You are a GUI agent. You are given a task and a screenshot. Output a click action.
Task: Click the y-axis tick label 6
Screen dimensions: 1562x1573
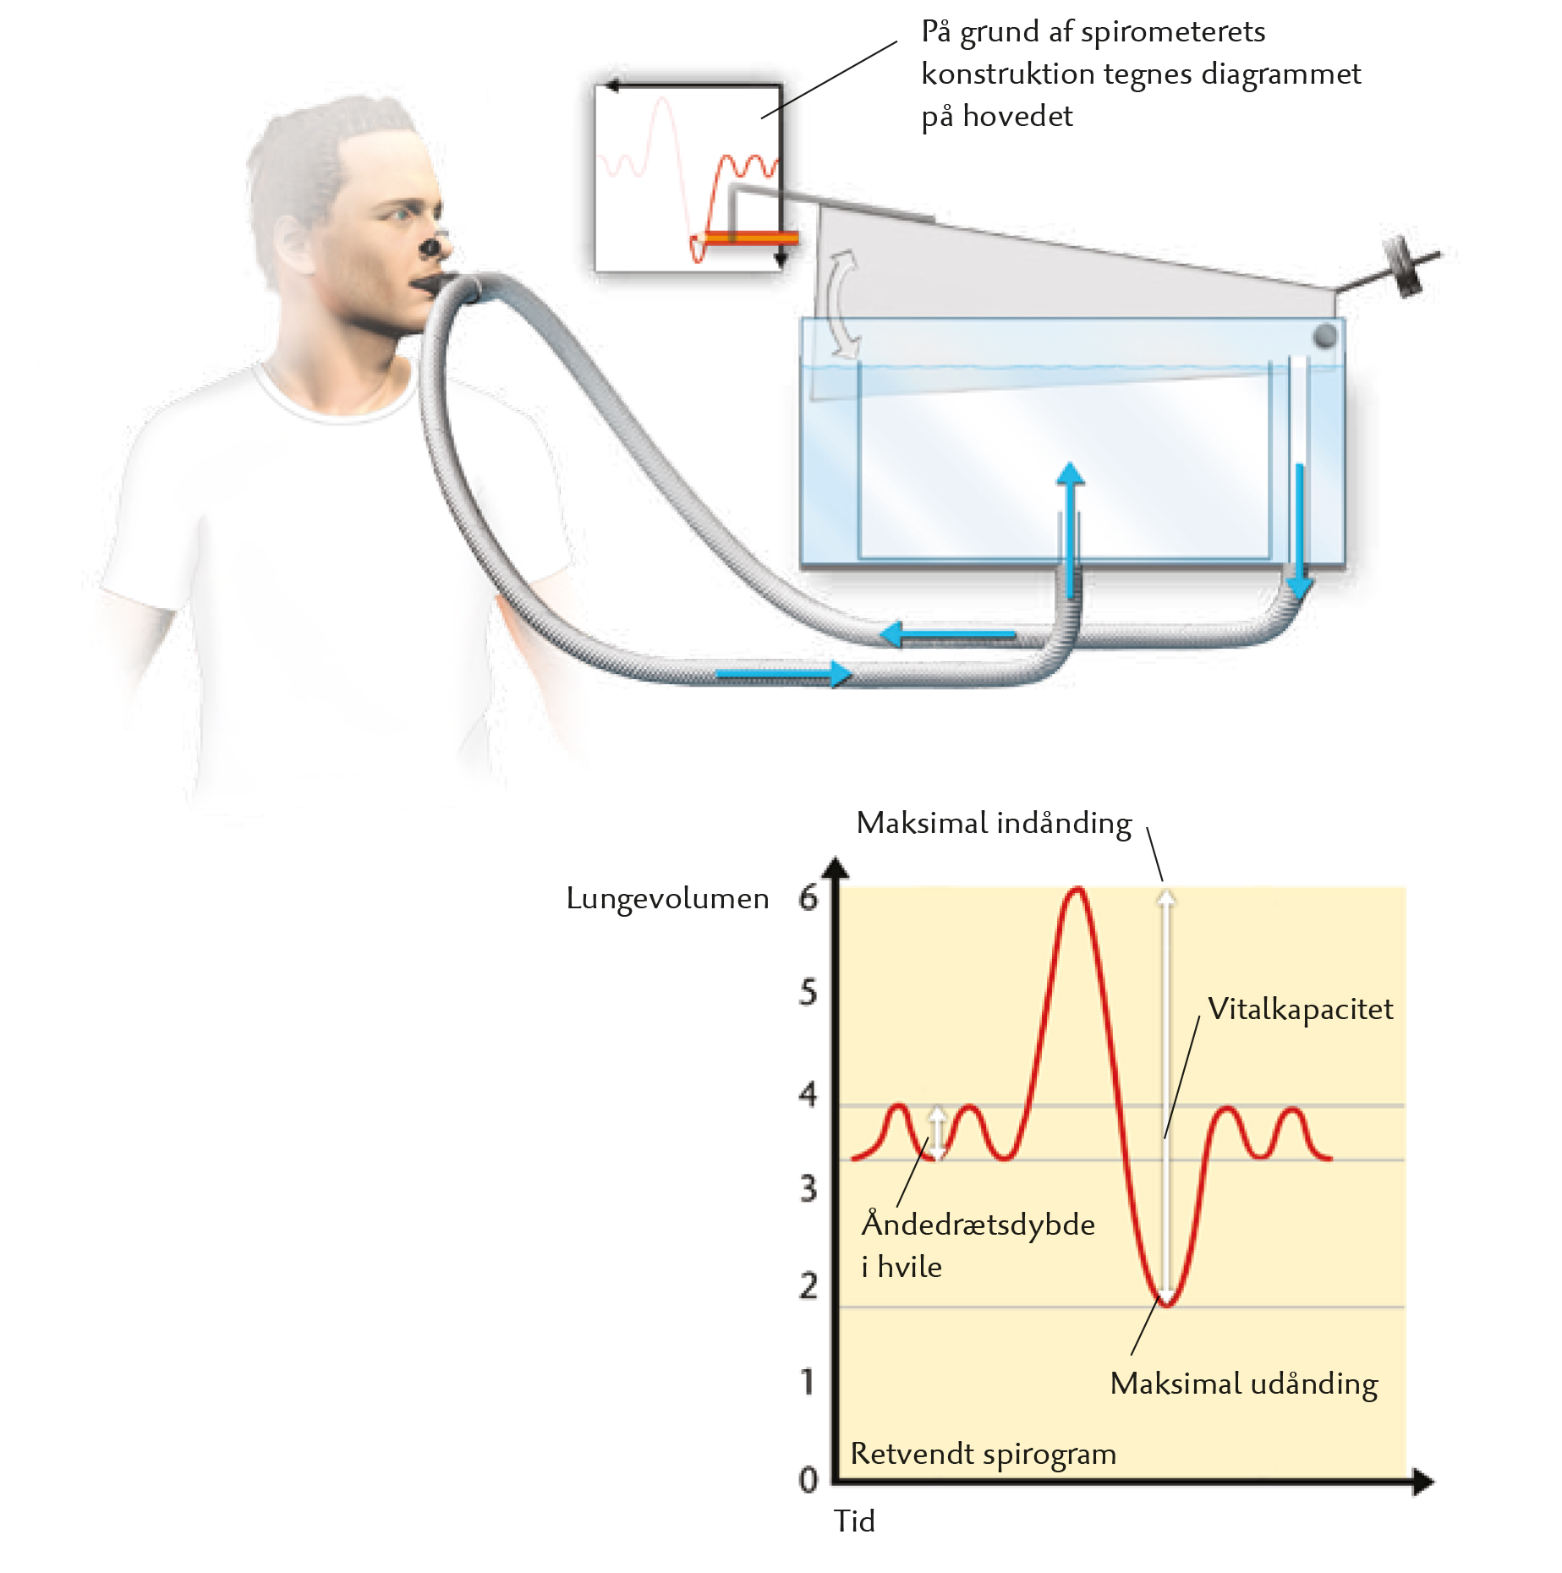[808, 898]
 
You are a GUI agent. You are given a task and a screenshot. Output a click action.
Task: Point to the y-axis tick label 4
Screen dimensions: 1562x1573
[808, 1094]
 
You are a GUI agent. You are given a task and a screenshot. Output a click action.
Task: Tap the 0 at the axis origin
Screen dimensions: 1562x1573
[808, 1479]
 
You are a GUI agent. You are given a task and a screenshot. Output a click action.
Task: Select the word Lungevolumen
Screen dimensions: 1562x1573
[667, 899]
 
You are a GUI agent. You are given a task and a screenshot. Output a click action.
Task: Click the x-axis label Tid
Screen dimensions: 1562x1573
[854, 1521]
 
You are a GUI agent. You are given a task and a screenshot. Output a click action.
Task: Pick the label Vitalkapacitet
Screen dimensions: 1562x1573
[1300, 1009]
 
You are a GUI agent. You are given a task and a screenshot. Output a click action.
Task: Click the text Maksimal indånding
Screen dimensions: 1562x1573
[994, 824]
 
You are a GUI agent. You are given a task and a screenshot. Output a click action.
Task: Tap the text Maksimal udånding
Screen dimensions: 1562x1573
[1244, 1384]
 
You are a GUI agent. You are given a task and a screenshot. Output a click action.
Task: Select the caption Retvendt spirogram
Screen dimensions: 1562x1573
[983, 1454]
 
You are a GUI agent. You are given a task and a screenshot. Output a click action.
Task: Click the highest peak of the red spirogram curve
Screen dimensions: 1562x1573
[1077, 889]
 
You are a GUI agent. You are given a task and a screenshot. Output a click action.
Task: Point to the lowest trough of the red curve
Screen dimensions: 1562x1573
[1166, 1304]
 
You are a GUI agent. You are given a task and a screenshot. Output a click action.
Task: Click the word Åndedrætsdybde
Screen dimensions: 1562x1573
[978, 1223]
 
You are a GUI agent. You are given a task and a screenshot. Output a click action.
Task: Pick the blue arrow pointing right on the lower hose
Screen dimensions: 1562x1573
[783, 674]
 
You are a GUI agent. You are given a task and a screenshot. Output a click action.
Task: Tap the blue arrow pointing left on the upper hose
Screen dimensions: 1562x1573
[947, 634]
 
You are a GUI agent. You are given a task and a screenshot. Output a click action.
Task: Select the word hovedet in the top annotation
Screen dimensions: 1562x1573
[1017, 116]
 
